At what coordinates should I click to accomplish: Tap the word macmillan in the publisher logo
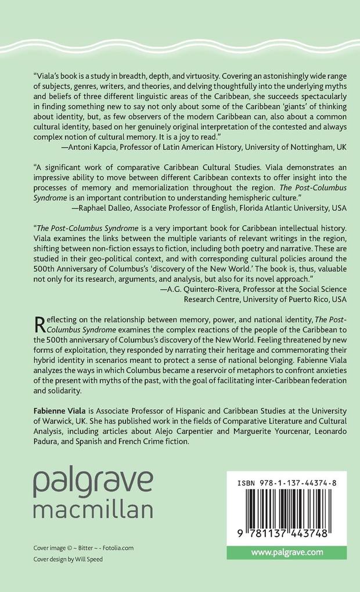tap(93, 509)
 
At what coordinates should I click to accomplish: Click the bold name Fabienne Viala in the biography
tap(62, 410)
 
